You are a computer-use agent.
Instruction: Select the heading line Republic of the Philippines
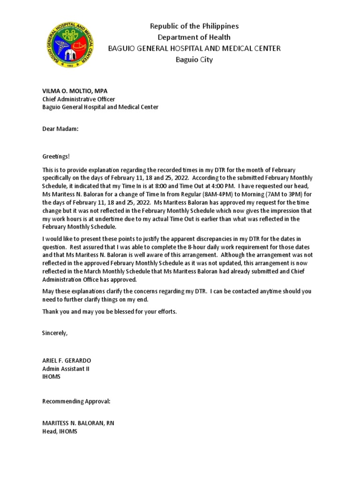[x=194, y=26]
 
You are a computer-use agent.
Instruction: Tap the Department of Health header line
[x=194, y=37]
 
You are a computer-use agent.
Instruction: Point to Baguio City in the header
[x=194, y=60]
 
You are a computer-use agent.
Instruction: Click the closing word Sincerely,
[x=55, y=333]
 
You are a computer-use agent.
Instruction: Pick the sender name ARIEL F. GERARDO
[x=67, y=360]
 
